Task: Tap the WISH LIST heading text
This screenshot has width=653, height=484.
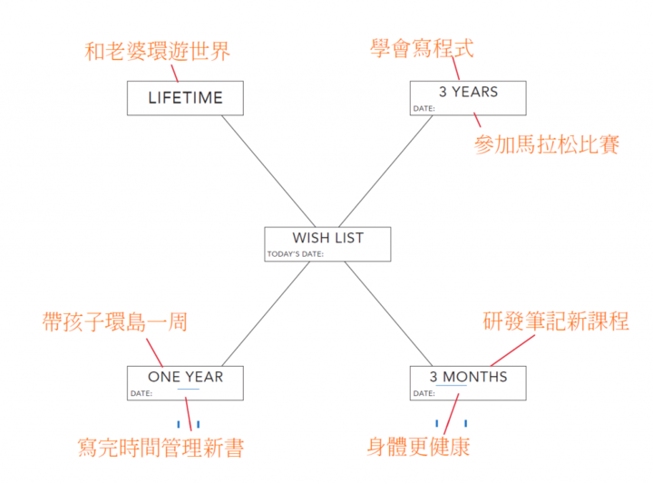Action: coord(328,238)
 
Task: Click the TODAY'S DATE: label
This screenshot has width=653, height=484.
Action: coord(296,254)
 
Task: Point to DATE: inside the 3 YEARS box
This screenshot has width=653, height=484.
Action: coord(424,108)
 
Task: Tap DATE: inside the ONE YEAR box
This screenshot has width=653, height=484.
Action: coord(141,393)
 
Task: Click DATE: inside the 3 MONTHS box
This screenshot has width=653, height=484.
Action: coord(424,393)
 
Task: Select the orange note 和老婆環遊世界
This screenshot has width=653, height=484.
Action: coord(157,51)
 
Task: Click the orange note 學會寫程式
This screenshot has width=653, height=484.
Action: coord(422,48)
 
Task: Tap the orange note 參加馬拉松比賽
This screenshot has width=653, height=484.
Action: coord(547,144)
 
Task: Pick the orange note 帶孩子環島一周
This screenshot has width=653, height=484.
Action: coord(115,321)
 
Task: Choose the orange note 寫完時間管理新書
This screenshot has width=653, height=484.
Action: coord(161,448)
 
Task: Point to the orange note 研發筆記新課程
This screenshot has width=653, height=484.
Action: coord(556,321)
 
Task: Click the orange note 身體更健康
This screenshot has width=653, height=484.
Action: coord(418,447)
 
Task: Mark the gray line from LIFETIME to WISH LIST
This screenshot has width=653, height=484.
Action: coord(268,171)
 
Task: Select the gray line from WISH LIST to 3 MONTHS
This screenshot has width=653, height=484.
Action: coord(388,313)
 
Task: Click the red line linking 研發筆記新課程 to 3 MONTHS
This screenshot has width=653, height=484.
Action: coord(512,351)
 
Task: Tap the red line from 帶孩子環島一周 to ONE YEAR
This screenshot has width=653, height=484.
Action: coord(154,352)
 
